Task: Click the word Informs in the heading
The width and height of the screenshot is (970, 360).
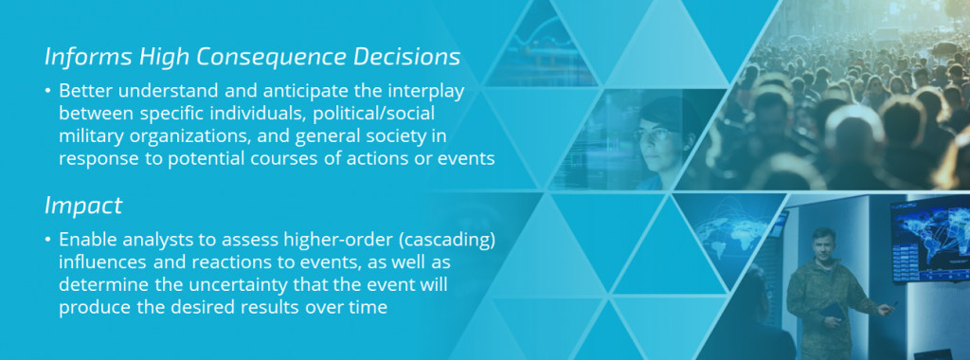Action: click(x=88, y=56)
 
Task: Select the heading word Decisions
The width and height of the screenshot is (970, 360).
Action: click(x=407, y=56)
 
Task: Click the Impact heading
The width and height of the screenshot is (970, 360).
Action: click(x=83, y=207)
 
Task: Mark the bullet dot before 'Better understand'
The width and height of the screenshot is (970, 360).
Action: click(x=47, y=92)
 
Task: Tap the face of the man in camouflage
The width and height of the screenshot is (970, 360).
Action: click(x=824, y=245)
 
